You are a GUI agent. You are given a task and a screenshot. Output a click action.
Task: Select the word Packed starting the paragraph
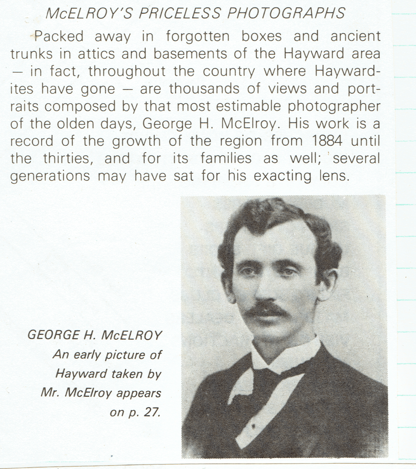click(x=59, y=36)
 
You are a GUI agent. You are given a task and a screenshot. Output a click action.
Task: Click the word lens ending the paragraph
click(x=332, y=176)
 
